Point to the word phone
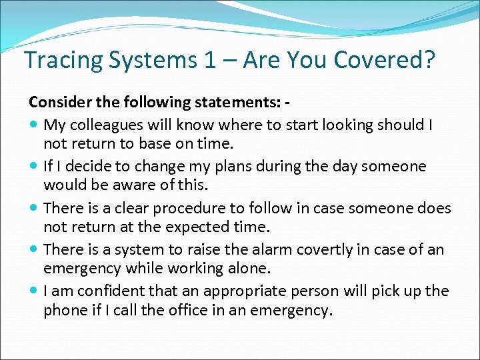(x=65, y=311)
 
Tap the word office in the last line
(x=185, y=311)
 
